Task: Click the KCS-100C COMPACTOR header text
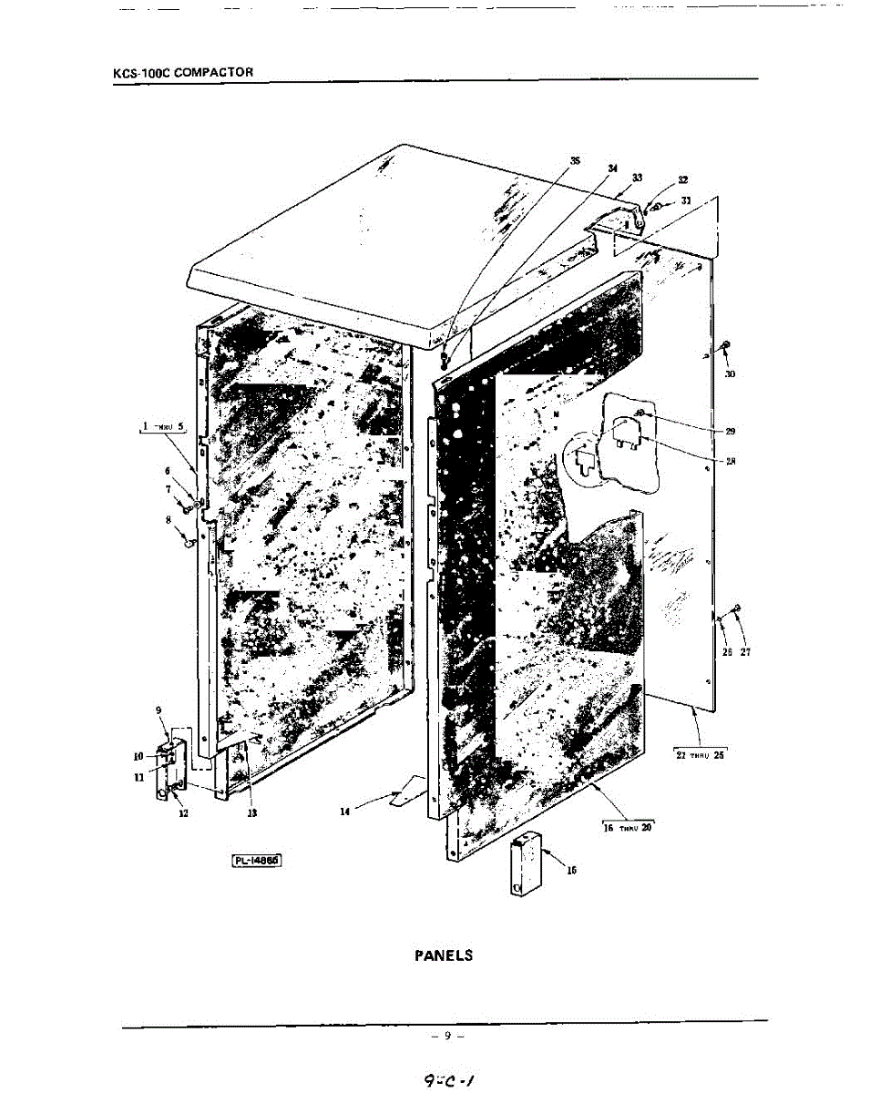point(182,72)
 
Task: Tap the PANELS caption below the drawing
point(444,955)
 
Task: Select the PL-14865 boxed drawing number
point(258,859)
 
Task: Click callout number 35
point(575,160)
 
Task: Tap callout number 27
point(745,651)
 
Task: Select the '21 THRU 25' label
point(699,755)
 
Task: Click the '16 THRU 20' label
point(629,827)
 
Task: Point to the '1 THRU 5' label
point(162,426)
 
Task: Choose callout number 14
point(344,812)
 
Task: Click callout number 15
point(571,870)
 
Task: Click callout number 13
point(251,813)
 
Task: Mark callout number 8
point(168,520)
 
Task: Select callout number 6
point(168,471)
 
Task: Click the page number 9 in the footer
point(447,1036)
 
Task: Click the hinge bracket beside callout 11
point(172,770)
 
